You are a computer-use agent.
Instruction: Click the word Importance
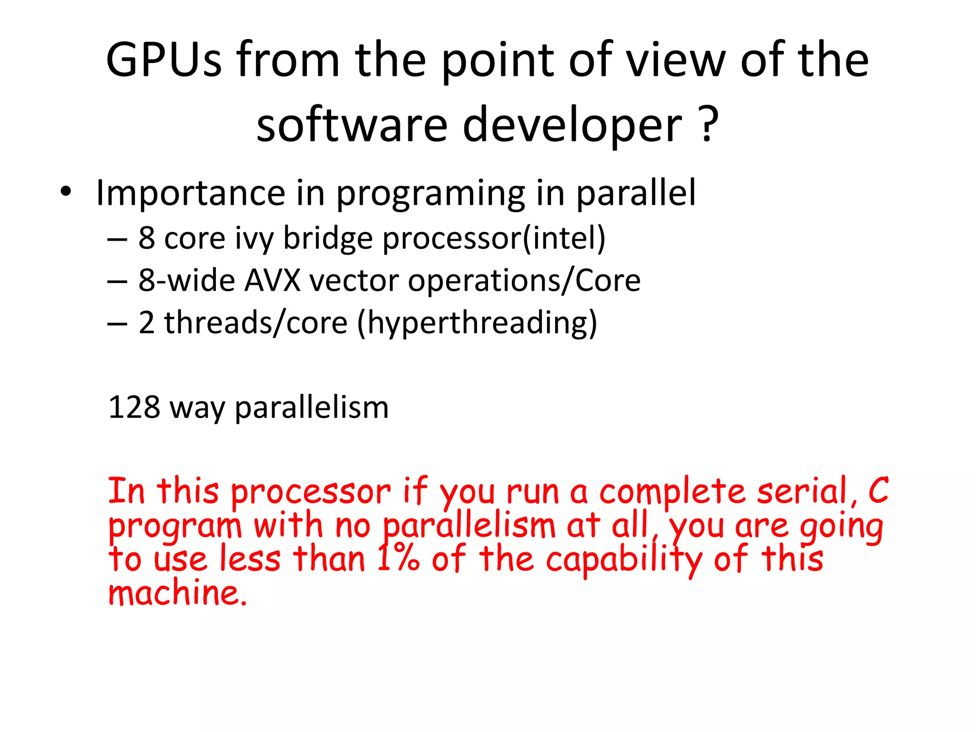pyautogui.click(x=190, y=193)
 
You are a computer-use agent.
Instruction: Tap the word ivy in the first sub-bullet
pyautogui.click(x=254, y=238)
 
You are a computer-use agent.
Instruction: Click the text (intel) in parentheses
pyautogui.click(x=564, y=238)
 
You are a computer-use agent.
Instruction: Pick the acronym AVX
pyautogui.click(x=272, y=280)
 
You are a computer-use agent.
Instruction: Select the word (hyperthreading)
pyautogui.click(x=477, y=323)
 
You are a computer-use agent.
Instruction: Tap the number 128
pyautogui.click(x=134, y=407)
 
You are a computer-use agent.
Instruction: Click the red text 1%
pyautogui.click(x=398, y=559)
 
